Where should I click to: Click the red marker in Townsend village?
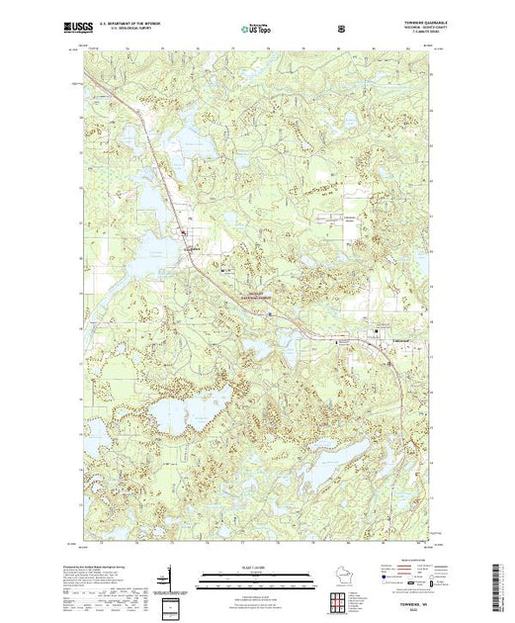click(x=184, y=232)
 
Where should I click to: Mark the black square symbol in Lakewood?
click(x=376, y=331)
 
